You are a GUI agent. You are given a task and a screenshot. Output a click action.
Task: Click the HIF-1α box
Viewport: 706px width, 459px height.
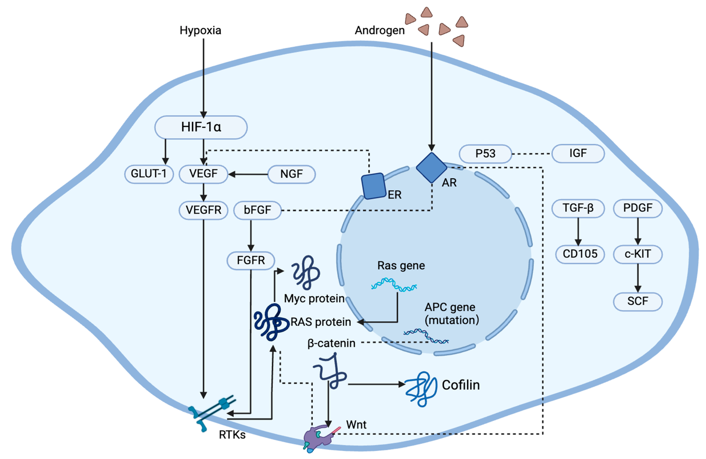click(201, 127)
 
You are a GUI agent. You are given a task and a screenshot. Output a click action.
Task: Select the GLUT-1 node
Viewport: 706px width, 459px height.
click(149, 174)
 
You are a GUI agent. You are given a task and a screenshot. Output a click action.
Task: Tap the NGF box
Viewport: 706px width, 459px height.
click(292, 174)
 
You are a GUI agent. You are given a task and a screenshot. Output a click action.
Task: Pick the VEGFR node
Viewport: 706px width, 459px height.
click(203, 210)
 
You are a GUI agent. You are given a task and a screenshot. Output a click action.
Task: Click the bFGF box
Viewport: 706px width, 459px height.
click(257, 210)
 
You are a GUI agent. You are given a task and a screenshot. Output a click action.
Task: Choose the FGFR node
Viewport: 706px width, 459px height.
click(251, 261)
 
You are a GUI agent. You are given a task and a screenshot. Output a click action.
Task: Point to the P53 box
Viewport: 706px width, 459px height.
click(485, 154)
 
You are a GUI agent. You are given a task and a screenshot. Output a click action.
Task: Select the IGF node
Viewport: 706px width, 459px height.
click(578, 154)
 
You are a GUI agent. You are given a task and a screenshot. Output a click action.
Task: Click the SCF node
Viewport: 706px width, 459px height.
click(638, 301)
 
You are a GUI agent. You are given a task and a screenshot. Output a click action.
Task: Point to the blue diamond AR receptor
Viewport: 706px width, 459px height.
click(432, 168)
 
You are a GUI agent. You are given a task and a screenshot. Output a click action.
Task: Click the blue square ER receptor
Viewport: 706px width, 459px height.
click(373, 186)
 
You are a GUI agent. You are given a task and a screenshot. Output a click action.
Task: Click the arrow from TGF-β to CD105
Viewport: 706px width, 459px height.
click(578, 232)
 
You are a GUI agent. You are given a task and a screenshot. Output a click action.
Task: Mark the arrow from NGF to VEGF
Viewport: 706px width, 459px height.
click(248, 174)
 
